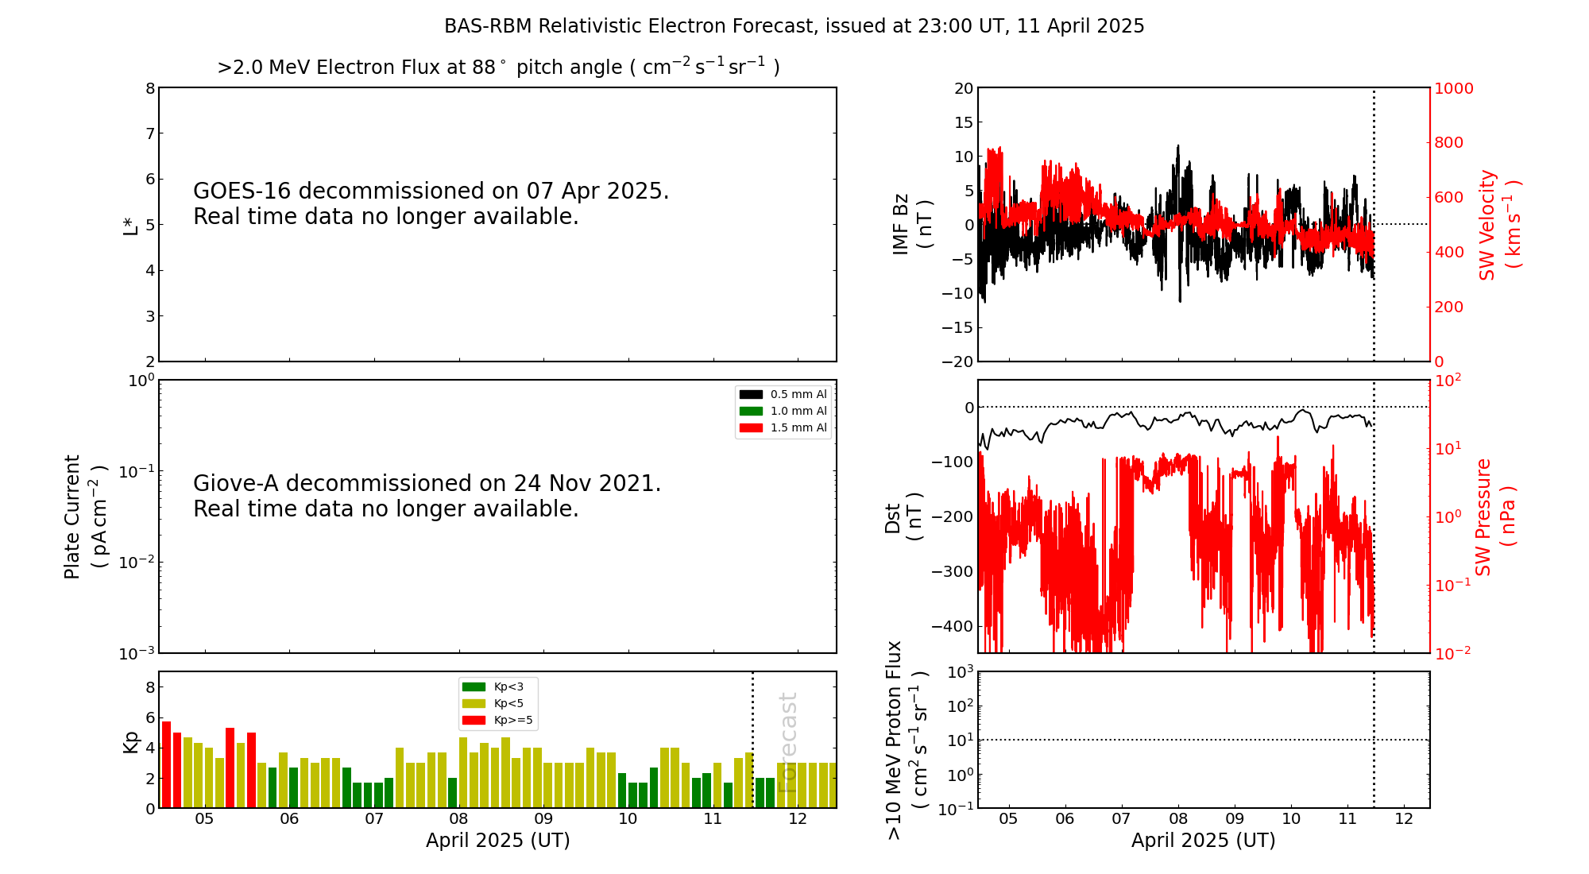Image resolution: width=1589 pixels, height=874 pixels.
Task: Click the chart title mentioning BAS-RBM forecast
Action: click(794, 26)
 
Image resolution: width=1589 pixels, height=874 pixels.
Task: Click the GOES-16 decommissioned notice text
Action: click(431, 203)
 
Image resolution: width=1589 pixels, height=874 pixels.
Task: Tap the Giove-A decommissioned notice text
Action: click(427, 496)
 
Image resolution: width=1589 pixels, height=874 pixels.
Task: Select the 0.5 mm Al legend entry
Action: click(783, 394)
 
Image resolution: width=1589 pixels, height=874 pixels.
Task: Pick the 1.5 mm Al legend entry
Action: click(783, 427)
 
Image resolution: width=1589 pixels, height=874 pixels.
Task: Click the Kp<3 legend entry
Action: click(493, 686)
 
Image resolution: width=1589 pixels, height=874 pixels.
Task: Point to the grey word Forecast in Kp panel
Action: click(787, 743)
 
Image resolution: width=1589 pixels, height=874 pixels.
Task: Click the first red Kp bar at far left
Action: click(166, 764)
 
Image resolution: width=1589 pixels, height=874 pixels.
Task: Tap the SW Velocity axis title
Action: click(1499, 225)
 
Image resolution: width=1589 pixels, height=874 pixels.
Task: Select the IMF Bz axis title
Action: click(912, 224)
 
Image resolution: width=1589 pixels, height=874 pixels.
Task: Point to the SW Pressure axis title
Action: click(1495, 517)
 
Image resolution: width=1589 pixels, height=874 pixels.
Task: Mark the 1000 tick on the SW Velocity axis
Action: click(1453, 88)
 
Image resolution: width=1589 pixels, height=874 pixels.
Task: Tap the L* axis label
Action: click(130, 226)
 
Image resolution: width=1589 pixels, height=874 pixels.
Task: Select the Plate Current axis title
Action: click(86, 516)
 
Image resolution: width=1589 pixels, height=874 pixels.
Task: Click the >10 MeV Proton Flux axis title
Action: click(907, 741)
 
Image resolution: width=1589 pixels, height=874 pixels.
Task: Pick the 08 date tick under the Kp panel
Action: click(458, 819)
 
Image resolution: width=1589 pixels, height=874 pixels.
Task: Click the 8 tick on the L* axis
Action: click(150, 88)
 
